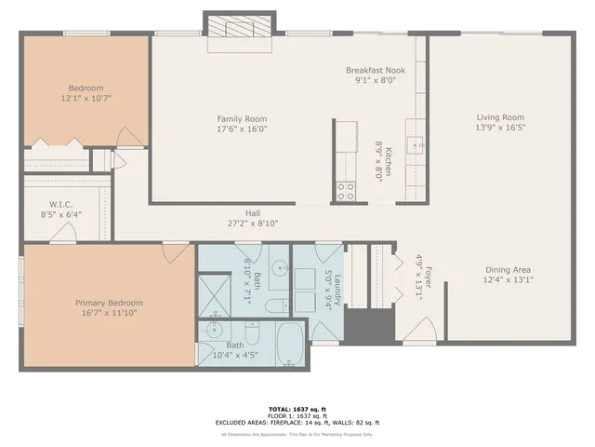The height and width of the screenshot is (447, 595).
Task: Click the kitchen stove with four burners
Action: click(x=346, y=191)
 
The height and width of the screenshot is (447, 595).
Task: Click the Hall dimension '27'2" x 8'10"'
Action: click(x=253, y=223)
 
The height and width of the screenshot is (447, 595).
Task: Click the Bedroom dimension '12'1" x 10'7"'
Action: click(x=86, y=98)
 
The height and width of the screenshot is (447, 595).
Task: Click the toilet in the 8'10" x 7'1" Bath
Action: click(x=276, y=306)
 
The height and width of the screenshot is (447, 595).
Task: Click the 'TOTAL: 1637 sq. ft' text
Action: click(x=297, y=409)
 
